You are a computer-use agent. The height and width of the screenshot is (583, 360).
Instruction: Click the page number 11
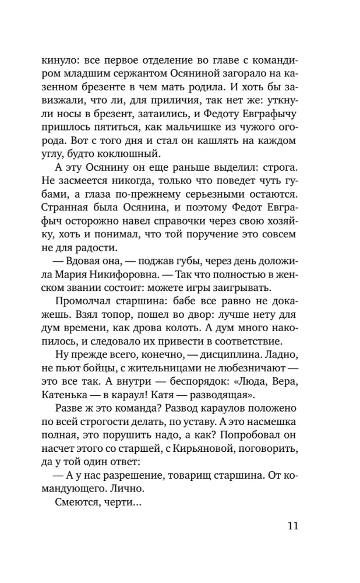[x=292, y=526]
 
